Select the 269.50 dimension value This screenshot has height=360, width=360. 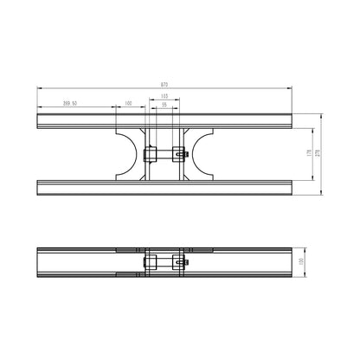click(72, 103)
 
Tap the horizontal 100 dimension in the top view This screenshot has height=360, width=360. click(129, 103)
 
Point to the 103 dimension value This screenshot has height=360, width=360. click(164, 95)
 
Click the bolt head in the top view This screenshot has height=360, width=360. click(185, 155)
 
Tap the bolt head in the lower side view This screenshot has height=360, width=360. click(185, 261)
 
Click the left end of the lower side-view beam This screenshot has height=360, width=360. click(40, 262)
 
